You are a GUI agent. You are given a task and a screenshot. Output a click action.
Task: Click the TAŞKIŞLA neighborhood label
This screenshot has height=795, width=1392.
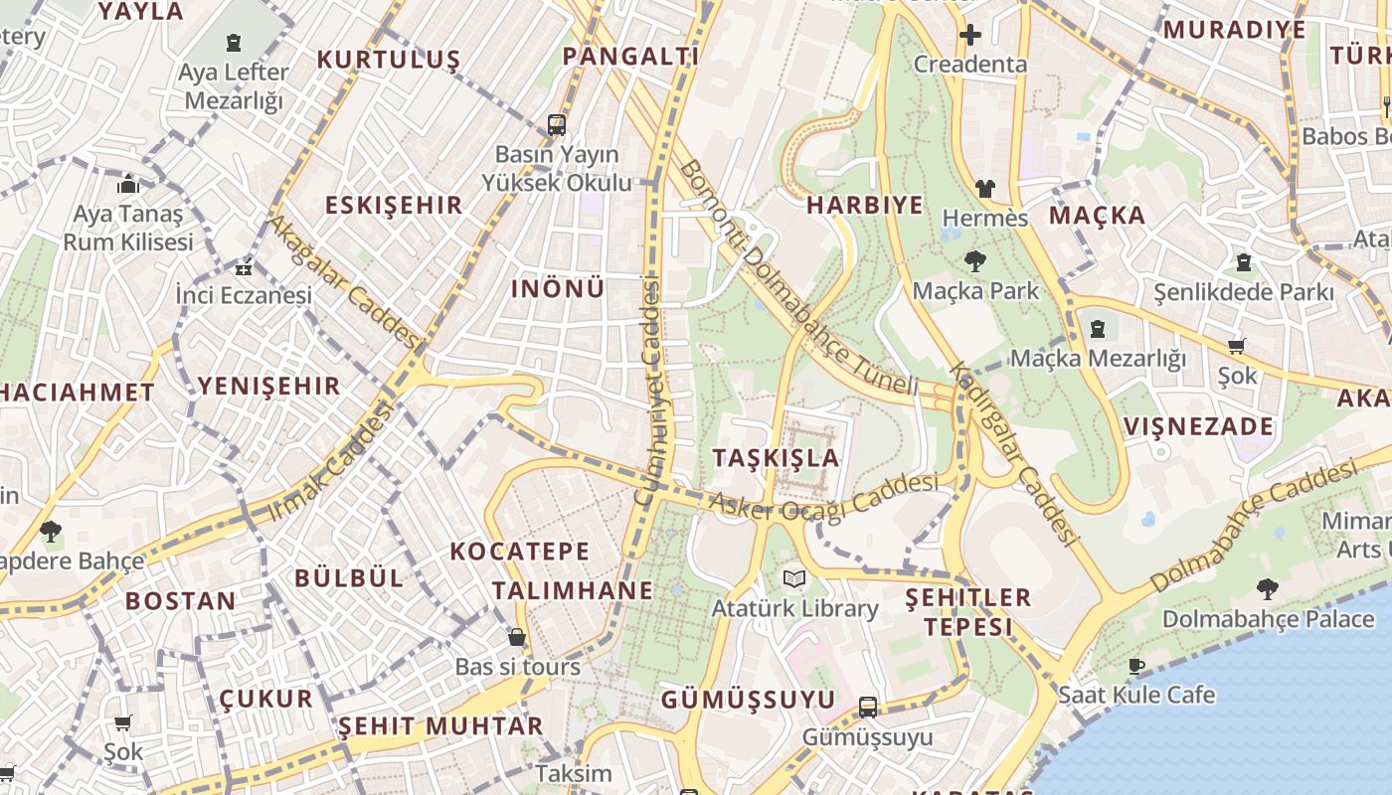point(776,458)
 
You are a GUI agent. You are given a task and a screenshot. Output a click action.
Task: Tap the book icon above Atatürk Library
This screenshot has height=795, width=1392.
point(793,578)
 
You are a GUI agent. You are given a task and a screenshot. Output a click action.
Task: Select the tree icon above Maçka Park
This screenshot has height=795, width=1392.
point(974,261)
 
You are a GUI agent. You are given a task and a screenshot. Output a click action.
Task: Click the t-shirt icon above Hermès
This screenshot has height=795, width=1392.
point(984,188)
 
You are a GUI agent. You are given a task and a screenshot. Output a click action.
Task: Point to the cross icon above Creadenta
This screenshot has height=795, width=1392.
point(969,35)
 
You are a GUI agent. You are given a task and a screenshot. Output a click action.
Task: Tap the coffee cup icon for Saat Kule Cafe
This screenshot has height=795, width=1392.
point(1136,666)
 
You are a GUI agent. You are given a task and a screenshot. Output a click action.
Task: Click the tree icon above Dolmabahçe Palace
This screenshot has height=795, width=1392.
point(1267,589)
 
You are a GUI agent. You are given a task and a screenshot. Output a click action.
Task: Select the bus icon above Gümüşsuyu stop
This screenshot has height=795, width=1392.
point(868,707)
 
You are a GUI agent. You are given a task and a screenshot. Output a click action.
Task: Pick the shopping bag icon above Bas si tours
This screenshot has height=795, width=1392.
point(517,636)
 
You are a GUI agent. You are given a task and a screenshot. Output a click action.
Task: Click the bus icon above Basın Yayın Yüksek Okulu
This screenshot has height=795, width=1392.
point(557,125)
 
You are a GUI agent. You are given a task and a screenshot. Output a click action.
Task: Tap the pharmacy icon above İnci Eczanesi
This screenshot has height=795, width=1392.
point(244,267)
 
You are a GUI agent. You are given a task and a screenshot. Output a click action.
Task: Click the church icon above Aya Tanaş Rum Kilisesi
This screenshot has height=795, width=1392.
point(127,184)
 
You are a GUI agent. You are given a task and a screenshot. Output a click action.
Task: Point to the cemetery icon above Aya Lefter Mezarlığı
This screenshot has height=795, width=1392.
point(233,43)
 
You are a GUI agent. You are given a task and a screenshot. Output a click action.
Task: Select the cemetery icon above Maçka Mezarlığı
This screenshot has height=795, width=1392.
point(1098,328)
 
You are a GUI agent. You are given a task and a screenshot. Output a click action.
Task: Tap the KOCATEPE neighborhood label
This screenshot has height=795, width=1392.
point(519,552)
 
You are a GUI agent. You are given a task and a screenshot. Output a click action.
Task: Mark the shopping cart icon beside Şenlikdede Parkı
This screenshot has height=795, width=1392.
point(1236,346)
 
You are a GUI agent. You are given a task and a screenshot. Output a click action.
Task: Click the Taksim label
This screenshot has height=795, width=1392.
point(574,773)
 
